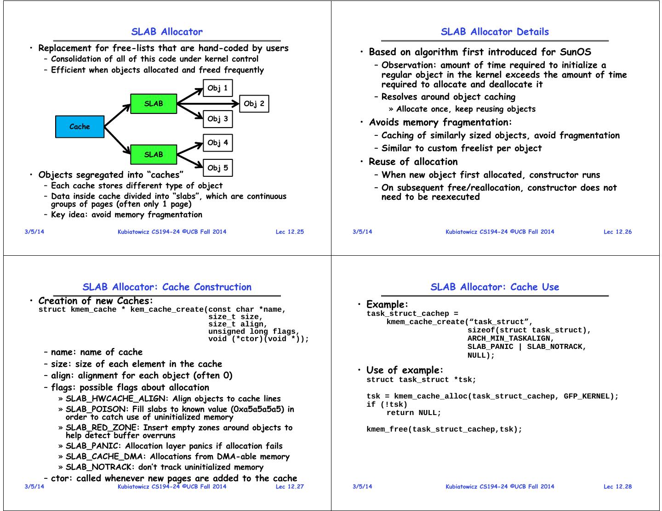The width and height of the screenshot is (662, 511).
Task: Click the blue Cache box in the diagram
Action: point(80,127)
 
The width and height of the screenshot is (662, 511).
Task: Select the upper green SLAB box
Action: point(154,104)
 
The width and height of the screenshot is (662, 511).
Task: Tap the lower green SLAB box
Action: point(154,155)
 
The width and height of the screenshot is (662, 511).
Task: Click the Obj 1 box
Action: point(217,88)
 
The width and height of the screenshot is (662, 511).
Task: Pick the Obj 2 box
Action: point(254,104)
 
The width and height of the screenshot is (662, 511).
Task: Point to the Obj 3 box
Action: point(217,119)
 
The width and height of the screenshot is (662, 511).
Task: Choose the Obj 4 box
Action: point(217,143)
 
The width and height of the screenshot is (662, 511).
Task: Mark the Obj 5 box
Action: point(217,168)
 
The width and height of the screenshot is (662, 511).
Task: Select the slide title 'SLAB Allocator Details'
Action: point(495,32)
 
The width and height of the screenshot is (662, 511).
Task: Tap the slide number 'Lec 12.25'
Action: point(290,232)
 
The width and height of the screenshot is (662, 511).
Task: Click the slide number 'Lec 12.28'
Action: point(617,486)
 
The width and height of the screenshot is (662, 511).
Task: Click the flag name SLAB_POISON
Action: point(96,409)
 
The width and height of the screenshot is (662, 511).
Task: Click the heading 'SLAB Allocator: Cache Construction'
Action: point(167,287)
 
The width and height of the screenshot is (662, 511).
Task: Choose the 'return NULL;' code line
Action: point(413,413)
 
